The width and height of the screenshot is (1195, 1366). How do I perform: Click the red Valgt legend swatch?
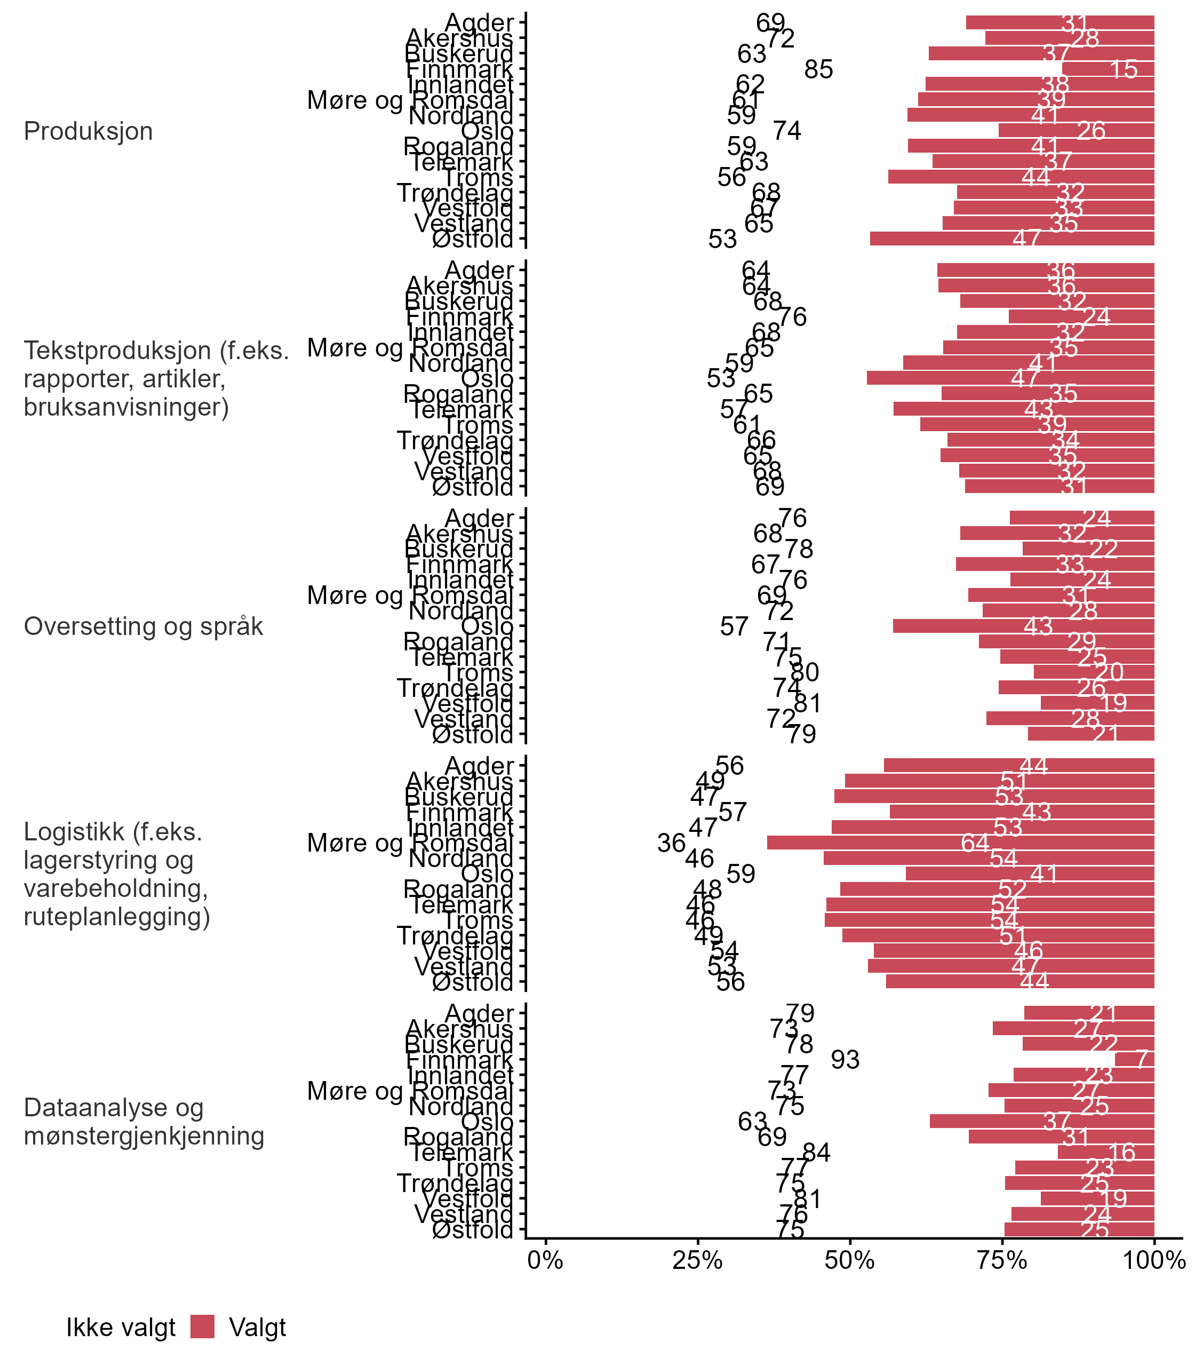(x=202, y=1327)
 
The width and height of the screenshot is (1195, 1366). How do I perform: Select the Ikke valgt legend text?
(x=121, y=1328)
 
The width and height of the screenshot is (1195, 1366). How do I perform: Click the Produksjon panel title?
(x=88, y=131)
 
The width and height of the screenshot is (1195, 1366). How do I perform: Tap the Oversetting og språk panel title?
(x=144, y=626)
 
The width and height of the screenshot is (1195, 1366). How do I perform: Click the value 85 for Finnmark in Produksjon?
(x=819, y=69)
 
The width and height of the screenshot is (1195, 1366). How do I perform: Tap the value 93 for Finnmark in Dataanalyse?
(x=846, y=1059)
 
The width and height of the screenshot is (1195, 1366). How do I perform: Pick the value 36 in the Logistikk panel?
(x=672, y=843)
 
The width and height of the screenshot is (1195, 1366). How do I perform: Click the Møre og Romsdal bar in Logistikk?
(x=960, y=843)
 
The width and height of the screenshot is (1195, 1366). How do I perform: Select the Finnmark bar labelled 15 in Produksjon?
(x=1109, y=69)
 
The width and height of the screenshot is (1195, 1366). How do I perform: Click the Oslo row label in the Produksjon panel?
(x=488, y=131)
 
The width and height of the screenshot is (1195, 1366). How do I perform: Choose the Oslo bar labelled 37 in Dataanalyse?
(x=1041, y=1121)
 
